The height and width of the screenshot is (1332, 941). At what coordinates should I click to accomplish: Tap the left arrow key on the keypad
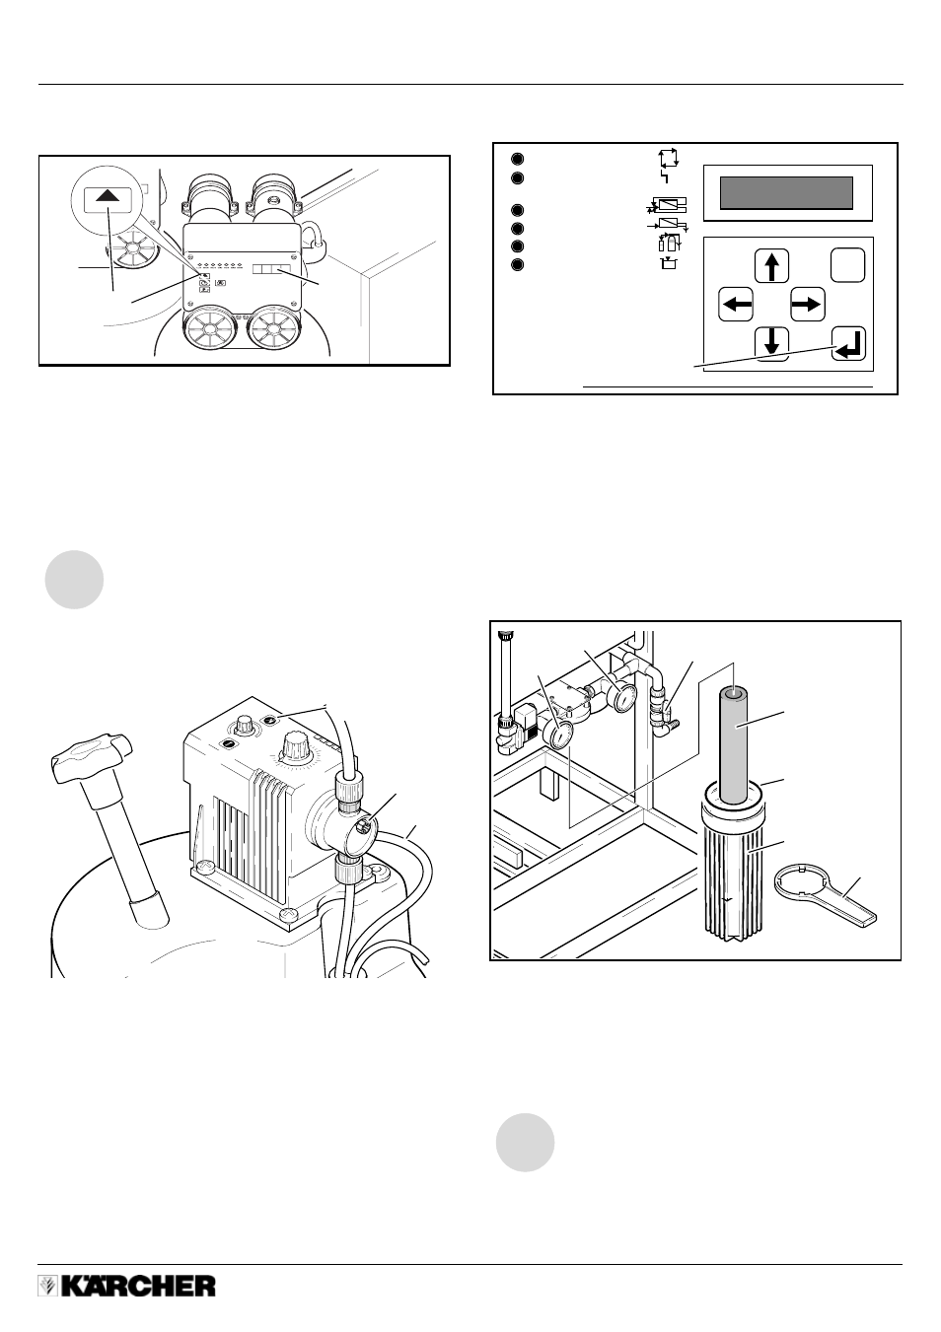[x=736, y=305]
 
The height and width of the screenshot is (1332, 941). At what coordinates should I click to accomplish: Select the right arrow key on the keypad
[x=808, y=305]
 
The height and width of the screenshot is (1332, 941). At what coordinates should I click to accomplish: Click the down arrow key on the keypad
[x=772, y=344]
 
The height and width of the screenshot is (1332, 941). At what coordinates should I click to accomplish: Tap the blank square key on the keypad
[x=847, y=265]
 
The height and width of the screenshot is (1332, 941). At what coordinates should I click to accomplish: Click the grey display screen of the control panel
[x=786, y=192]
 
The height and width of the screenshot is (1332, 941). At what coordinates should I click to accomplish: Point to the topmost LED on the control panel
[x=518, y=159]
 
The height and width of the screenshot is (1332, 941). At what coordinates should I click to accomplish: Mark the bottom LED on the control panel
[x=518, y=264]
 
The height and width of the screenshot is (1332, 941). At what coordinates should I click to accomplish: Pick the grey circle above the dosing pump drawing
[x=74, y=580]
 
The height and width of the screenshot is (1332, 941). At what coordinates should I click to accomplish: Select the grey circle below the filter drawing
[x=525, y=1143]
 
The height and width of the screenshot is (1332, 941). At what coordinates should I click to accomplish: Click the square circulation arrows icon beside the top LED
[x=668, y=158]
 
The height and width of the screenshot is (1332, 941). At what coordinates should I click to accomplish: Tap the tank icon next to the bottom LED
[x=669, y=263]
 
